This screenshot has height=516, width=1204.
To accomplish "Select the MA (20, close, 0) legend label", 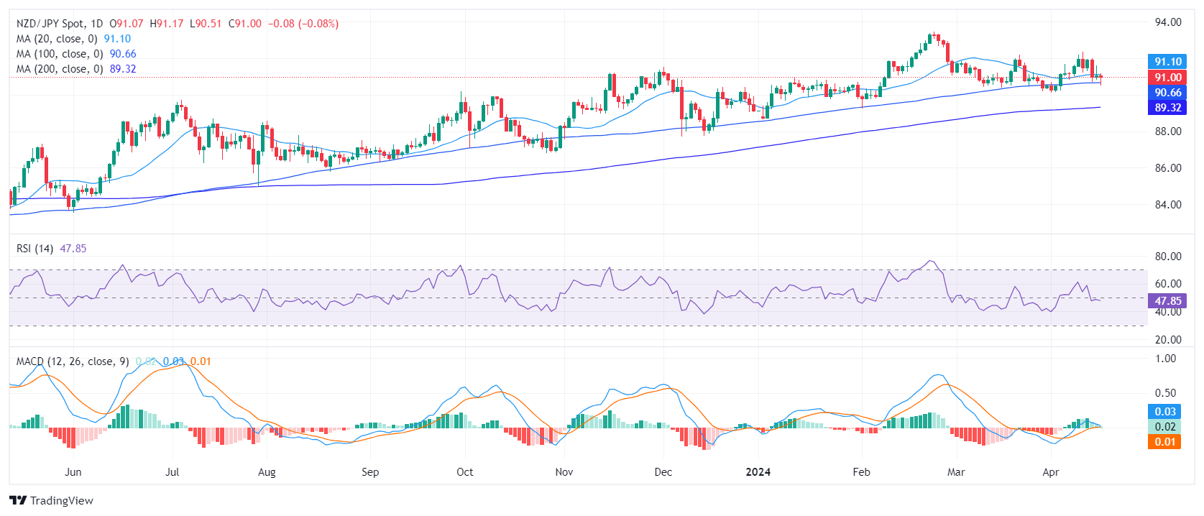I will coord(57,39).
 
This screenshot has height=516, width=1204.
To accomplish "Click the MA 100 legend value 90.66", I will coord(123,54).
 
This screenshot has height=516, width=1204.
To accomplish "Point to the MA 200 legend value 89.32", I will coord(123,69).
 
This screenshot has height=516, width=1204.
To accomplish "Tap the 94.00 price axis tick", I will coord(1168,22).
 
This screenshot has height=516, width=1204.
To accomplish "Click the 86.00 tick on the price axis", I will coord(1168,168).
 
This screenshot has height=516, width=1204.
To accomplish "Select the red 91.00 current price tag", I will coord(1167,78).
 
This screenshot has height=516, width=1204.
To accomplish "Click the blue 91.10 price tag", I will coord(1167,62).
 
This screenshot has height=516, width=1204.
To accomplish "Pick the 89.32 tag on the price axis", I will coord(1167,108).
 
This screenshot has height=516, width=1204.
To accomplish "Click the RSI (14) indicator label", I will coord(35,249).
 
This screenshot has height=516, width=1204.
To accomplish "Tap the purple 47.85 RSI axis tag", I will coord(1167,301).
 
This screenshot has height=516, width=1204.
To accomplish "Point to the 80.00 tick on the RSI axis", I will coord(1168,257).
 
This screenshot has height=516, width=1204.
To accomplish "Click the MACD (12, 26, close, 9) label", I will coord(73,361).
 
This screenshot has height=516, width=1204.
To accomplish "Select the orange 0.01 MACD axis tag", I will coord(1165,442).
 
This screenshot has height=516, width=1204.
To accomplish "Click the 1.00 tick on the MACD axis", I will coord(1165,359).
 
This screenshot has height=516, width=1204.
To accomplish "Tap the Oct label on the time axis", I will coord(465,472).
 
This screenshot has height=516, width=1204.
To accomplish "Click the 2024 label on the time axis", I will coord(758,472).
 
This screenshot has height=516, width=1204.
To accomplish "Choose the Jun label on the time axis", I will coord(73,472).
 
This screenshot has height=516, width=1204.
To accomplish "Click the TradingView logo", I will coord(52,501).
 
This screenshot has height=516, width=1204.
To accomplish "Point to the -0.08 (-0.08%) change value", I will coord(303,24).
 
